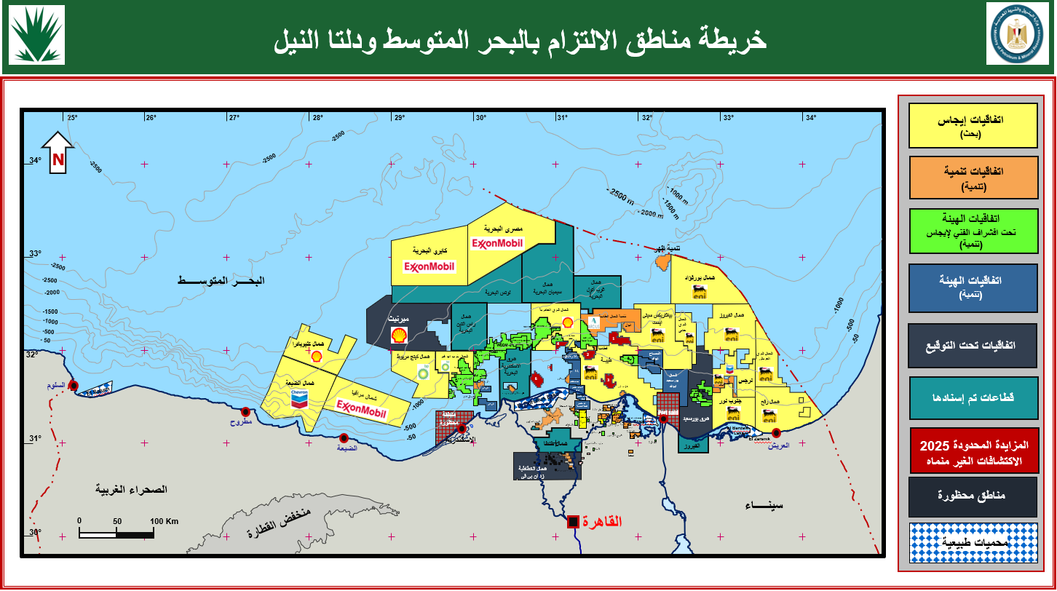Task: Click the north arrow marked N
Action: [x=58, y=153]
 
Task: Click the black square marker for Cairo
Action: [x=574, y=521]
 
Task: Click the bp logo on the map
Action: [x=423, y=373]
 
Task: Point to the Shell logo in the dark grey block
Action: [x=398, y=335]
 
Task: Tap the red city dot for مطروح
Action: [x=246, y=412]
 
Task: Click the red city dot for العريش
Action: [x=777, y=434]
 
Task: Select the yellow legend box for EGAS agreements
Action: [x=973, y=125]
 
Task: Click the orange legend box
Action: [x=973, y=177]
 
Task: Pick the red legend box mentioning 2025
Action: [x=973, y=450]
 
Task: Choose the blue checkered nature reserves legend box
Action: [x=973, y=542]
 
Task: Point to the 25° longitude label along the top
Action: [x=72, y=118]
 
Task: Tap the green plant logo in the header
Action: [x=36, y=35]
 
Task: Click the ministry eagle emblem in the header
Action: [x=1018, y=34]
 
